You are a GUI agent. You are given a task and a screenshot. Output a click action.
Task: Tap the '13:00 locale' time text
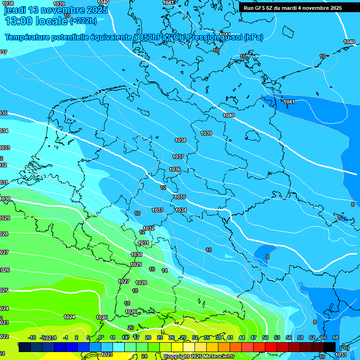pos(36,21)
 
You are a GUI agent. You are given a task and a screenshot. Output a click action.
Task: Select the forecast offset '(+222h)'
pos(83,21)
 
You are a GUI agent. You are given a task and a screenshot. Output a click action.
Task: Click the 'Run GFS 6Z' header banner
pos(292,8)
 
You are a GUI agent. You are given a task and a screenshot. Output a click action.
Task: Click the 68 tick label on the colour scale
pos(335,337)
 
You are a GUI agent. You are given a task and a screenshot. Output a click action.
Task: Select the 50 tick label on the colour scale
pos(265,337)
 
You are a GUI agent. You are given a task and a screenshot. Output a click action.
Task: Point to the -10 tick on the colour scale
pos(32,337)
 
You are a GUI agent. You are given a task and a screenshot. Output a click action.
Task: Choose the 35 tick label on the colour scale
pos(207,337)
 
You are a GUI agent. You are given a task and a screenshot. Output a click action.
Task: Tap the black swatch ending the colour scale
pos(330,347)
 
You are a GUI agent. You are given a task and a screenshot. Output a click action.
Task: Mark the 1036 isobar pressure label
pos(175,169)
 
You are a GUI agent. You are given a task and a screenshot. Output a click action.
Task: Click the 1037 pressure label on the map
pos(178,157)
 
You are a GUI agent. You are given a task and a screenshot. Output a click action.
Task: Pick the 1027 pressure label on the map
pos(124,281)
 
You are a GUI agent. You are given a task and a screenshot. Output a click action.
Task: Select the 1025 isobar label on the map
pos(102,317)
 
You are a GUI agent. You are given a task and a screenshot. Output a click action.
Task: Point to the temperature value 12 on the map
pos(142,232)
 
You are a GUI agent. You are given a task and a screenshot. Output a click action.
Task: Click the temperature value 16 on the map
pos(152,269)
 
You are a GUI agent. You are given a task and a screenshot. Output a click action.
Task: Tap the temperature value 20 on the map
pos(131,328)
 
